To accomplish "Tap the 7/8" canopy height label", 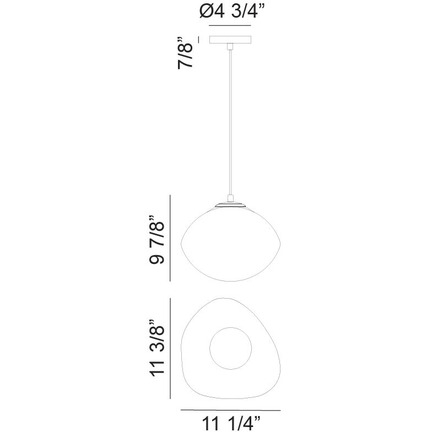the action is (185, 52).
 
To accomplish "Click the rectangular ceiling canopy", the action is (230, 40).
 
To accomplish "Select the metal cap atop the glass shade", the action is (230, 204).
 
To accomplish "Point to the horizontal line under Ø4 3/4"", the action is (230, 25).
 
